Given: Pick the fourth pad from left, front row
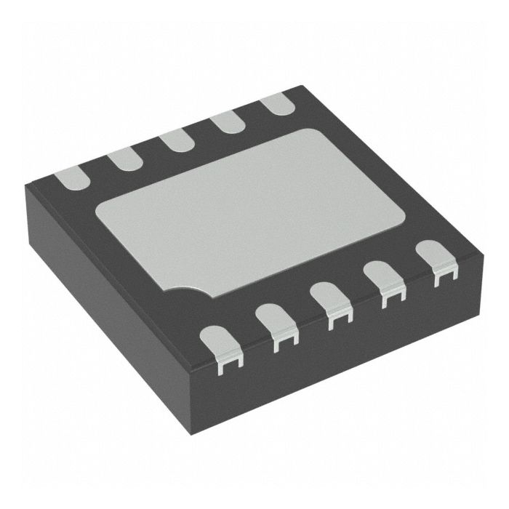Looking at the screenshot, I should click(384, 283).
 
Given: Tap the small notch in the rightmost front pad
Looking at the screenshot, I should click(438, 275).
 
